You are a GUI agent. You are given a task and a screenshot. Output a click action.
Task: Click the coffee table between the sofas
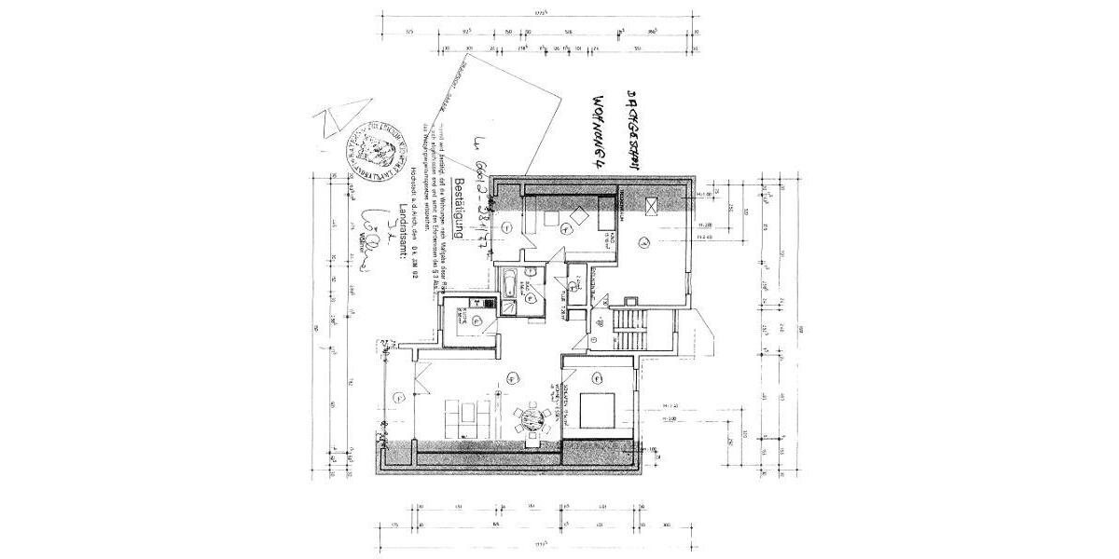click(466, 416)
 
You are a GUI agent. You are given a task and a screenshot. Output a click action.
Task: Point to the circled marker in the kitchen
click(476, 320)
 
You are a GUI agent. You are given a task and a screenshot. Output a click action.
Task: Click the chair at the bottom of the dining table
click(532, 436)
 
